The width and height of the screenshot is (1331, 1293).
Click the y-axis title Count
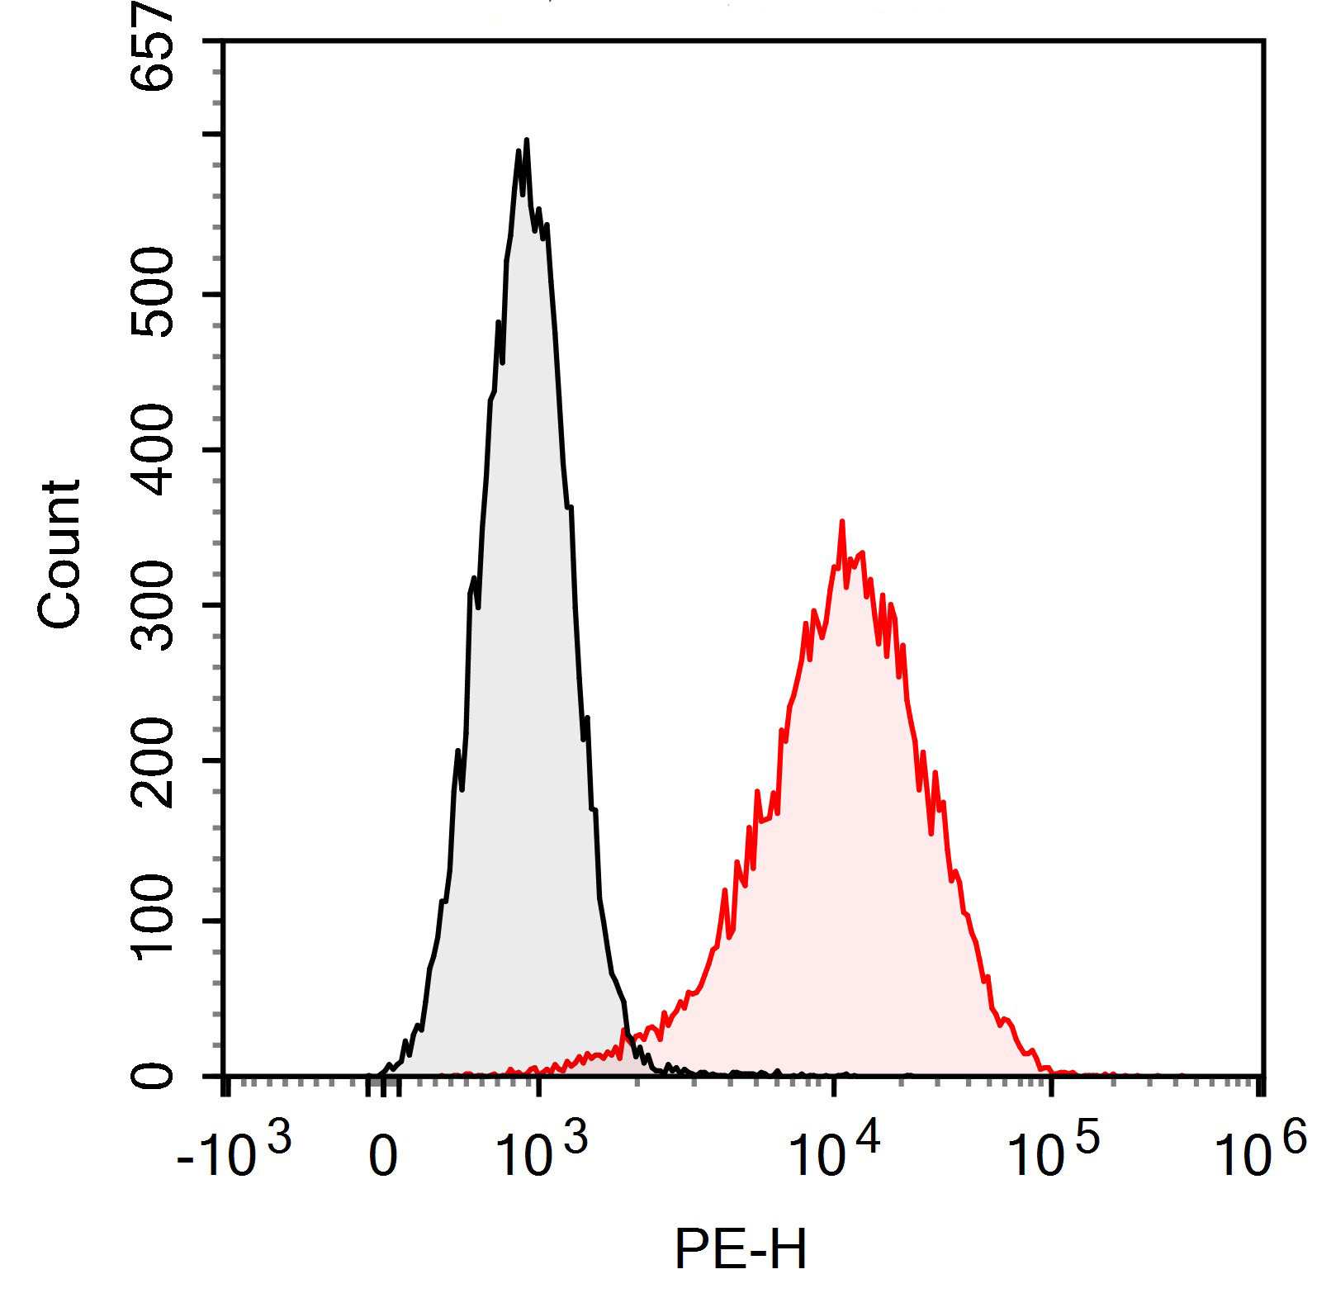pyautogui.click(x=59, y=554)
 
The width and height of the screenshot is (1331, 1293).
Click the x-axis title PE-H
pyautogui.click(x=741, y=1249)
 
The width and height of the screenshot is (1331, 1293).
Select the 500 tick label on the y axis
pyautogui.click(x=154, y=294)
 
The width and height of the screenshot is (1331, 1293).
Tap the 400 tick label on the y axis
pyautogui.click(x=154, y=450)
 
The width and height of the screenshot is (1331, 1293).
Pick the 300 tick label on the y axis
pyautogui.click(x=154, y=605)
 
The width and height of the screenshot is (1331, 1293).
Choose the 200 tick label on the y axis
pyautogui.click(x=154, y=761)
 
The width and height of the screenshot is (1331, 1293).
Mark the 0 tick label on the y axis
pyautogui.click(x=154, y=1076)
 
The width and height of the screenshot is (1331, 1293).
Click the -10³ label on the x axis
pyautogui.click(x=234, y=1154)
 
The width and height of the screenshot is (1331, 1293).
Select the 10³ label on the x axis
pyautogui.click(x=541, y=1154)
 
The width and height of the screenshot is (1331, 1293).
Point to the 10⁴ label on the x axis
pyautogui.click(x=834, y=1154)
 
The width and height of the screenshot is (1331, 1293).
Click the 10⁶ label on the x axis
pyautogui.click(x=1260, y=1154)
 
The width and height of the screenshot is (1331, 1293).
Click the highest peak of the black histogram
pyautogui.click(x=526, y=140)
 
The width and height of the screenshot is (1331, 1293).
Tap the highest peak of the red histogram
pyautogui.click(x=841, y=521)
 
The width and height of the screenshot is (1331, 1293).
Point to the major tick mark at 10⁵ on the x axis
pyautogui.click(x=1051, y=1086)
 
